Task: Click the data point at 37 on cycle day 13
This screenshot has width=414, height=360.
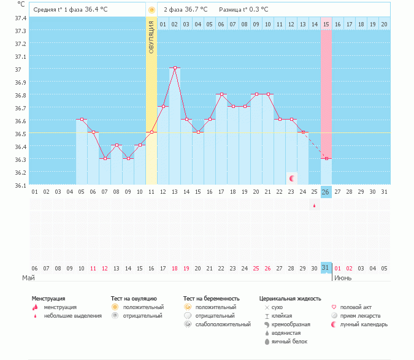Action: click(175, 67)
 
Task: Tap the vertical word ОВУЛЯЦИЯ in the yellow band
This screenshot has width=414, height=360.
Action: click(151, 37)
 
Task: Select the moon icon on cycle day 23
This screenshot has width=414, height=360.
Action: click(292, 178)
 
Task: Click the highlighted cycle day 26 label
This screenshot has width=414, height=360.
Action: click(326, 192)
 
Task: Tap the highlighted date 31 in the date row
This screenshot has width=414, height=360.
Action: click(326, 268)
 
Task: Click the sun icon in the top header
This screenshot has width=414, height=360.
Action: click(151, 10)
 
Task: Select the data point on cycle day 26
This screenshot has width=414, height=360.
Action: click(326, 159)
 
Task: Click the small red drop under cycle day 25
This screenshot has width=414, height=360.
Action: click(315, 205)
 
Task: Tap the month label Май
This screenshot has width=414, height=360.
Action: click(28, 278)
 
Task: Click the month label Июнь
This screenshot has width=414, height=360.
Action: click(343, 278)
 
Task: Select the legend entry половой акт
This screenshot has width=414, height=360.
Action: click(356, 307)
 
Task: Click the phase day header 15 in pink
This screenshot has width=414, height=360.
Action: click(326, 24)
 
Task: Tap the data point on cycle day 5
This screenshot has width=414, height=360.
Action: click(82, 120)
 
